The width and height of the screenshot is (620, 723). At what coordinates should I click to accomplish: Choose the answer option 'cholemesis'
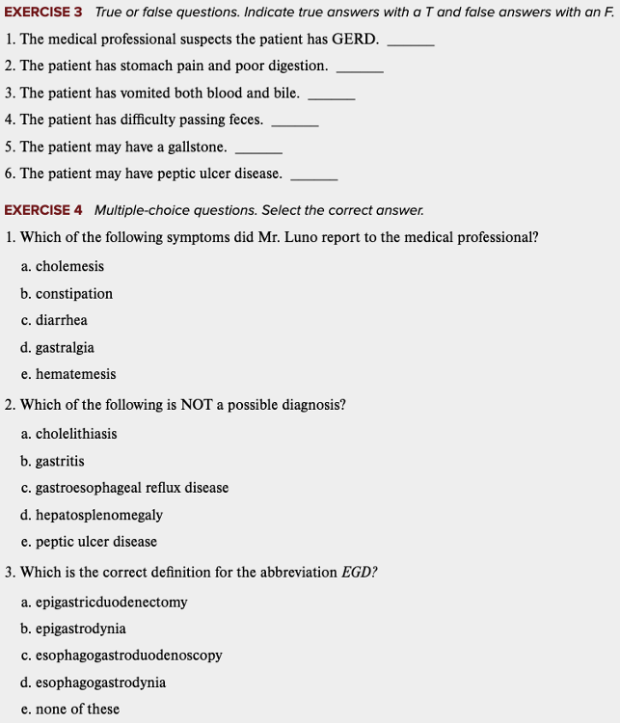coord(69,266)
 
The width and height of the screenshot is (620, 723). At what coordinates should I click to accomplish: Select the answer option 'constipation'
coord(74,293)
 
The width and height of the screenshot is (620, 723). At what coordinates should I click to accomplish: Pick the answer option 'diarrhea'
coord(61,320)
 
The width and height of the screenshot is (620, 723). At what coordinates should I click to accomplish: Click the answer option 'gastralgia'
coord(65,347)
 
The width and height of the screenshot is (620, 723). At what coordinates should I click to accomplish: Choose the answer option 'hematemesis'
coord(75,374)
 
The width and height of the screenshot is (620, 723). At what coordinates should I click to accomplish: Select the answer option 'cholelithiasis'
coord(76,434)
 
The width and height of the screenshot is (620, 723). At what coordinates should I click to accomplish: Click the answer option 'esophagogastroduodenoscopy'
coord(129,656)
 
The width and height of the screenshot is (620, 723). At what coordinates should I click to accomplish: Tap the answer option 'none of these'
coord(77,710)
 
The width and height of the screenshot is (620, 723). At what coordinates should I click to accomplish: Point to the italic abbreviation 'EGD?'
coord(360,573)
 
